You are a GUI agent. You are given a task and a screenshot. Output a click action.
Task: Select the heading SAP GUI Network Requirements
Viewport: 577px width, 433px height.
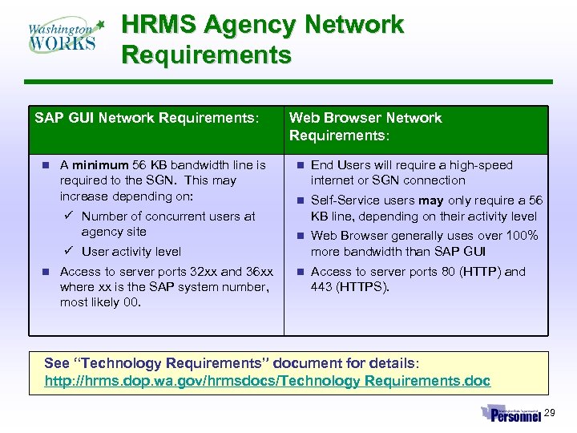147,118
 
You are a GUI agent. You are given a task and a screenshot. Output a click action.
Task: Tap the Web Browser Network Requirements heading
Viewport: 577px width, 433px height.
365,127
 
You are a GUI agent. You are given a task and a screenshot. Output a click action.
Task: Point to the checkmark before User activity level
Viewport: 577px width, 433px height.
70,251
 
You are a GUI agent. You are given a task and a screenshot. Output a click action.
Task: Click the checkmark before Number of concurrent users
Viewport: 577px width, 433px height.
70,216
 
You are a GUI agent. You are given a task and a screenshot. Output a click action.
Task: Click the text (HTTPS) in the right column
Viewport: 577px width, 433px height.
362,287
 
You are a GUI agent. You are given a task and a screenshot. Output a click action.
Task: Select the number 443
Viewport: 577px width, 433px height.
322,287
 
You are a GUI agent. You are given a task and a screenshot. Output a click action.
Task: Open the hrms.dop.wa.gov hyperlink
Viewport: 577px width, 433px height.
267,381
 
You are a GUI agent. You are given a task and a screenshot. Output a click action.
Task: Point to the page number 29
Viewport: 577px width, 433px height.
549,413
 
